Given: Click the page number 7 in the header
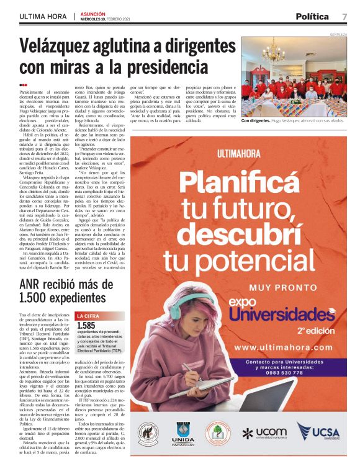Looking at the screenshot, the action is coord(344,16).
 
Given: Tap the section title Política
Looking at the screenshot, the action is coord(313,16).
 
